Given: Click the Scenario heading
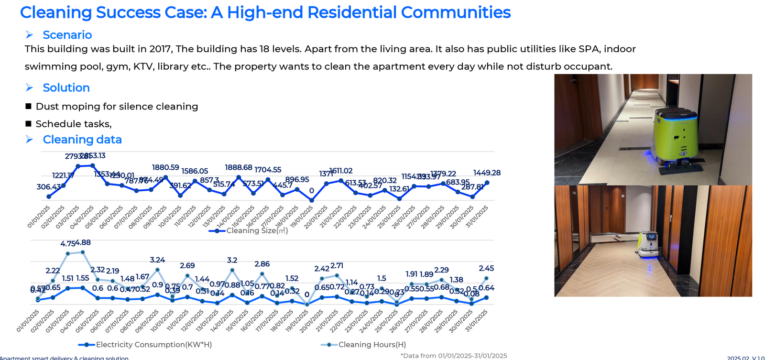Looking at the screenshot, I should click(67, 35).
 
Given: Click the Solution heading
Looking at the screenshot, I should click(66, 87).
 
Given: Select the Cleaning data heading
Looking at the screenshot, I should click(82, 140).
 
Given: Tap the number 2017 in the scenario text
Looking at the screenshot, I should click(162, 49).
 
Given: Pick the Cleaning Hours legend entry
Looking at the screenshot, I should click(372, 345).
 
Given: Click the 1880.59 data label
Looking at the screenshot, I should click(165, 167).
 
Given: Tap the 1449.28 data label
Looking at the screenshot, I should click(487, 173).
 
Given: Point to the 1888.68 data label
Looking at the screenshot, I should click(239, 167).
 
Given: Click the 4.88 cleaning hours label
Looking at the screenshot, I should click(83, 242).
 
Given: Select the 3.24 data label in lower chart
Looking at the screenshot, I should click(157, 260).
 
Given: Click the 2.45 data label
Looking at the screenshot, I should click(486, 268).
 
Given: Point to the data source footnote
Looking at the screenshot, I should click(454, 356).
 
